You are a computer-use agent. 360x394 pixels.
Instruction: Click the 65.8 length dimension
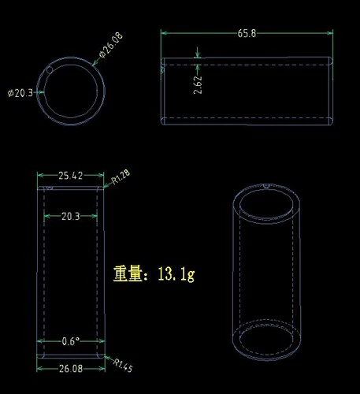(x=247, y=33)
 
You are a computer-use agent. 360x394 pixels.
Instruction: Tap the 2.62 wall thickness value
(x=198, y=85)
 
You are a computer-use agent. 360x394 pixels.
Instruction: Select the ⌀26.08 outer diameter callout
(x=111, y=45)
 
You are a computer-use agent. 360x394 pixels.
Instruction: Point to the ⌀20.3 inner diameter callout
(x=20, y=93)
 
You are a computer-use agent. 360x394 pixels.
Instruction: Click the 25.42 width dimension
(x=70, y=176)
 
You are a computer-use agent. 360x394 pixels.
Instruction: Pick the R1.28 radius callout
(x=121, y=177)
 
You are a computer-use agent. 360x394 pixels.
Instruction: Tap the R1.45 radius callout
(x=123, y=366)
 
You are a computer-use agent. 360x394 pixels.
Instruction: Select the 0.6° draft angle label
(x=71, y=341)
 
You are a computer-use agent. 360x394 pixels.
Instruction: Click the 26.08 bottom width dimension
(x=71, y=369)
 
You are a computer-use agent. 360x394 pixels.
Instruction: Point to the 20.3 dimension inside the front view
(x=71, y=217)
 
